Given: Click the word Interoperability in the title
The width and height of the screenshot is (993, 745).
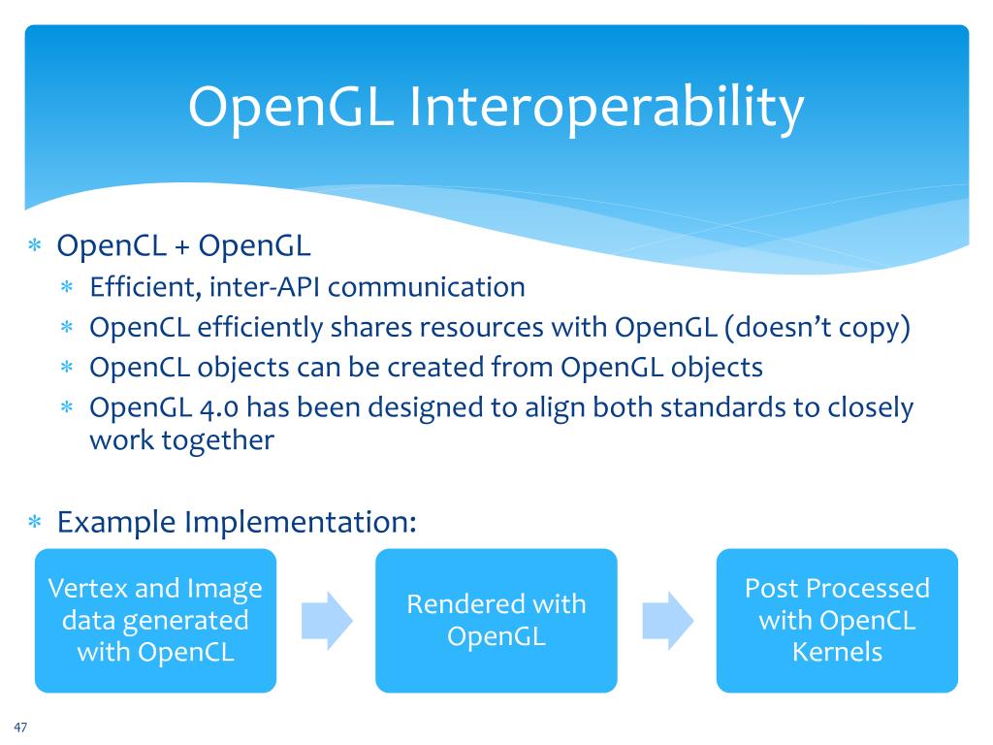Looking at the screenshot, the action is point(607,108).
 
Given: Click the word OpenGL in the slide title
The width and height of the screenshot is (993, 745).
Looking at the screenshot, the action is point(290,108).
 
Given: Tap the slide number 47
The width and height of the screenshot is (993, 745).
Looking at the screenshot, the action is point(20,728).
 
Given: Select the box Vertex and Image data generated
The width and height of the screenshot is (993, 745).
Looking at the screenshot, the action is point(155,620).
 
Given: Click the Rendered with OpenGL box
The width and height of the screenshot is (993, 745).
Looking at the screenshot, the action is point(496,620).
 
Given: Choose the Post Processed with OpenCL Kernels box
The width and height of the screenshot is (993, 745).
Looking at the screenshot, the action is point(836,620).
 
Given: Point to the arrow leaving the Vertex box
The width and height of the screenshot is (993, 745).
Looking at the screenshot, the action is point(325,620).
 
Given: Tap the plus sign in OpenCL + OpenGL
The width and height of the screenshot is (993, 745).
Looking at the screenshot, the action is point(182,246).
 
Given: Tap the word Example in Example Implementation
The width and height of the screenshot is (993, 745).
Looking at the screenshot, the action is point(116,523).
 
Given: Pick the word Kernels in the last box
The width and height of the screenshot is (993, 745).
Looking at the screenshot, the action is point(837,652).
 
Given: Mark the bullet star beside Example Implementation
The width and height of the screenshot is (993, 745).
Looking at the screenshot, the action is point(34,524).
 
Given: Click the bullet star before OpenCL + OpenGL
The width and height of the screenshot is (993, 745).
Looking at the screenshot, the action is point(34,247).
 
